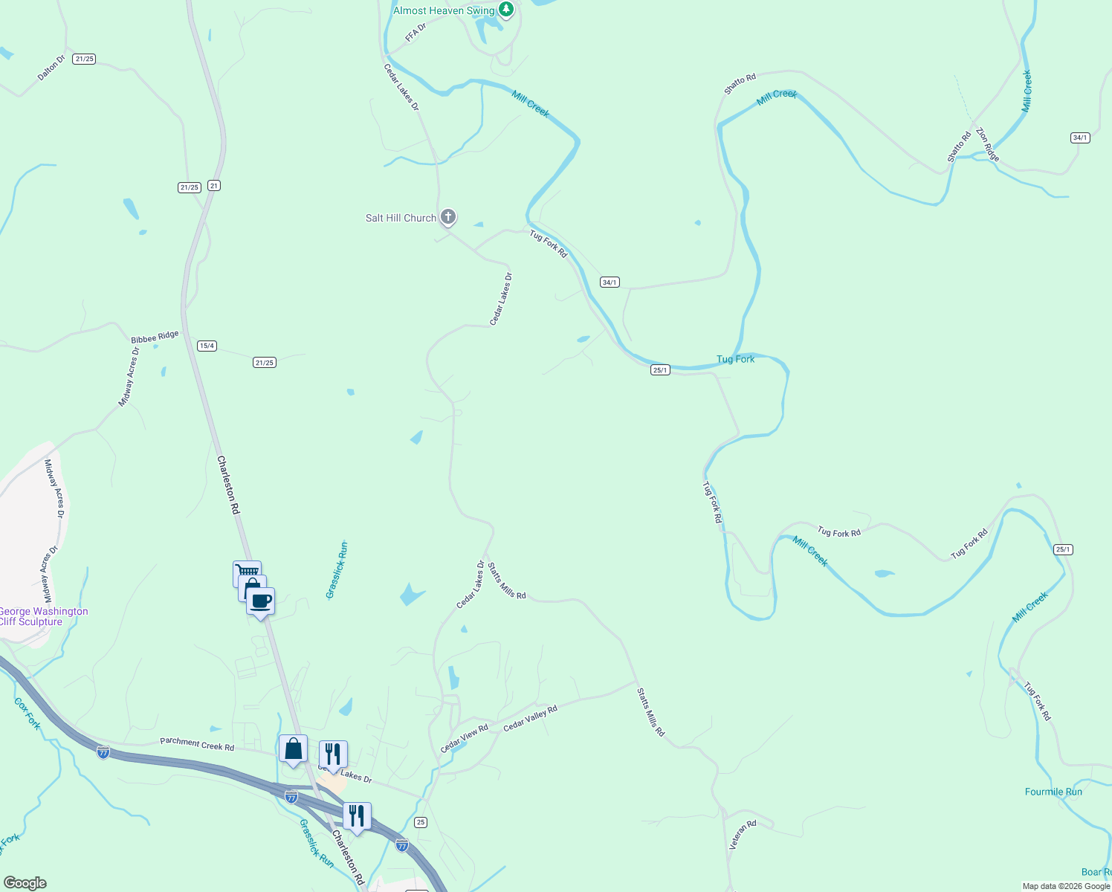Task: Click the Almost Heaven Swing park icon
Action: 506,10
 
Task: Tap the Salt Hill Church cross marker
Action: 448,217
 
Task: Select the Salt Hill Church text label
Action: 401,218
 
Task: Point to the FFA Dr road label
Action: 416,32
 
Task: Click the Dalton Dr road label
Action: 51,67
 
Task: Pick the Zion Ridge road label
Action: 988,144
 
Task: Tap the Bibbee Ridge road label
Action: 155,337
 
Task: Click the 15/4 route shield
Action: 207,346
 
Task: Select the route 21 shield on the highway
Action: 214,186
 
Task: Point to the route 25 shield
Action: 421,822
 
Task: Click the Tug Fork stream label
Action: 735,359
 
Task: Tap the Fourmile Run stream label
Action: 1053,792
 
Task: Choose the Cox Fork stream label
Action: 28,714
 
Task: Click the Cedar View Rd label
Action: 465,738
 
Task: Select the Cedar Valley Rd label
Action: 530,719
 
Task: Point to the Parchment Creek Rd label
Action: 197,743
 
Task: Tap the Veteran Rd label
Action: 743,835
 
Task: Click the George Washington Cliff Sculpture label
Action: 42,617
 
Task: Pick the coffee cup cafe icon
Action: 261,601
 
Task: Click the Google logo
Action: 25,883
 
